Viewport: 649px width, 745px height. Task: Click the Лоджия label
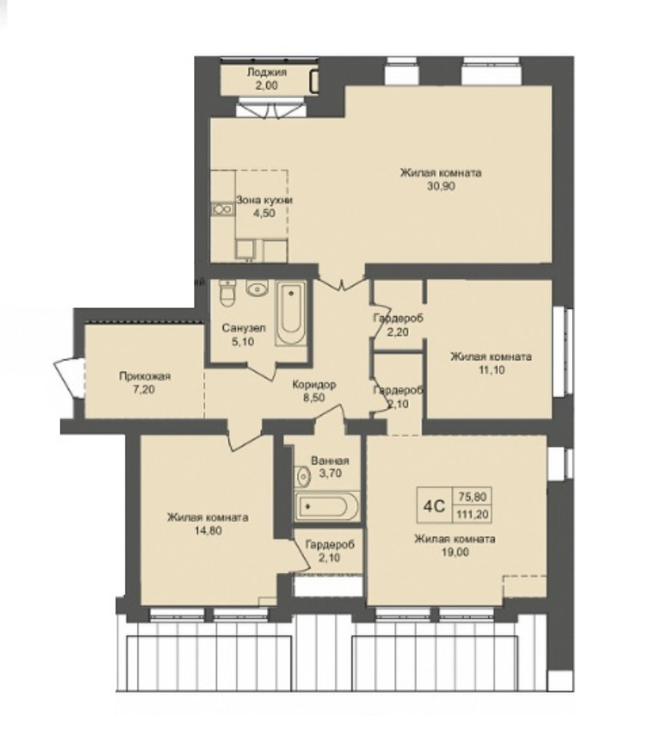pos(266,73)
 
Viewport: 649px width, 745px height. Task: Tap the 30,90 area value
pos(441,186)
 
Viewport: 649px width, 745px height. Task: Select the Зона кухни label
pos(264,200)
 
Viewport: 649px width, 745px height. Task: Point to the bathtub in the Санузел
pos(290,314)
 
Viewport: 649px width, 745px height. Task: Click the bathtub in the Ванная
pos(327,507)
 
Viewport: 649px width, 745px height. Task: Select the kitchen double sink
pos(222,209)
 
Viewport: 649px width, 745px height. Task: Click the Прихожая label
pos(144,377)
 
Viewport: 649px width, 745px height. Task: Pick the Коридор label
pos(314,384)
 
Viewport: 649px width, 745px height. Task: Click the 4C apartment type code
pos(434,507)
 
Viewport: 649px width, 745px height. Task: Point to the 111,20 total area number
pos(473,514)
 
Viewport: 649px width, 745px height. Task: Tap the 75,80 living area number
pos(473,496)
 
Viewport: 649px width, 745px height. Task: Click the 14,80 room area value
pos(208,530)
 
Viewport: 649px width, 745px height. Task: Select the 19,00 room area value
pos(455,552)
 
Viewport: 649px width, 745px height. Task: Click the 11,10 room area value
pos(491,370)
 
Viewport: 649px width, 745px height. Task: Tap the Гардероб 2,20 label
pos(398,325)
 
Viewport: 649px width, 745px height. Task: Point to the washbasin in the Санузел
pos(257,288)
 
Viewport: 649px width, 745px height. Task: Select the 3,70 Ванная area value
pos(330,473)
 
